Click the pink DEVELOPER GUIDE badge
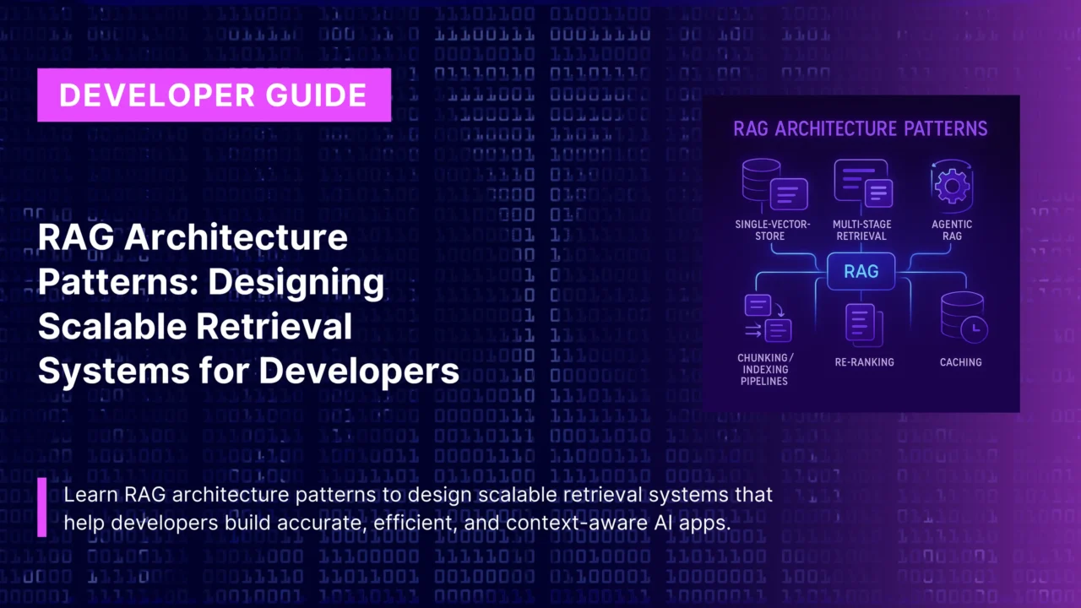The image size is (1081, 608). point(214,95)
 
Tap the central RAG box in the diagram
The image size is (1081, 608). point(861,272)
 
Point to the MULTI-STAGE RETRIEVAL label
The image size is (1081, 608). point(861,231)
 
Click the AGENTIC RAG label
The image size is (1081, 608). point(952,231)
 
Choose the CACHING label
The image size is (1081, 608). point(960,362)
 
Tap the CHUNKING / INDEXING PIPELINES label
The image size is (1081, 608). point(763,370)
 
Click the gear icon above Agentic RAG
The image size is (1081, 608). point(952,186)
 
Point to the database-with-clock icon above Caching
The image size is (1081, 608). point(963,318)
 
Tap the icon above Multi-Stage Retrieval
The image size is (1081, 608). point(862,183)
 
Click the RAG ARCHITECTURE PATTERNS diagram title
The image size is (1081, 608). point(860,129)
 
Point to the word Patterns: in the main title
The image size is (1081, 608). point(115,282)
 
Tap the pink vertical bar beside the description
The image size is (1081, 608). point(42,507)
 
